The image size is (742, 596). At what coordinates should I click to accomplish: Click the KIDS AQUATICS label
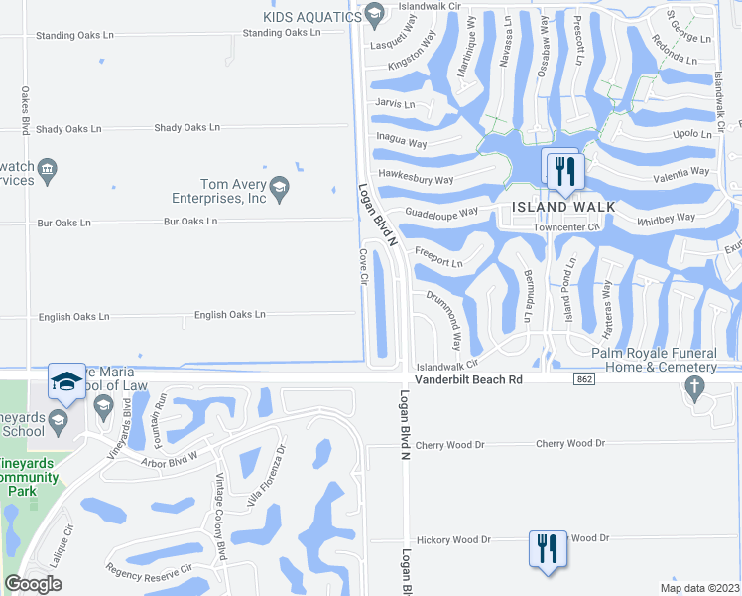pos(310,16)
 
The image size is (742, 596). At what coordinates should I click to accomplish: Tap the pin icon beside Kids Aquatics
pos(374,14)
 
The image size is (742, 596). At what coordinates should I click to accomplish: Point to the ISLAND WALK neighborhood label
pos(563,207)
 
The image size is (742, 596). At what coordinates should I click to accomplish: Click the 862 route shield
pos(583,379)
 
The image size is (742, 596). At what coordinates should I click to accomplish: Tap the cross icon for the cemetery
pos(696,388)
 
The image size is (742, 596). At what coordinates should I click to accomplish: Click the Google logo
pos(33,584)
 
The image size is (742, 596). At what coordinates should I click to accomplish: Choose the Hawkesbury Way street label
pos(417,180)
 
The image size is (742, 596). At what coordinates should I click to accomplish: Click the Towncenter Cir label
pos(567,226)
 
